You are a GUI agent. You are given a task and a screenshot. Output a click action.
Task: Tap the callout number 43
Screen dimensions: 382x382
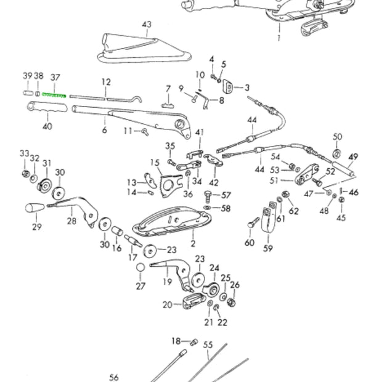click(146, 25)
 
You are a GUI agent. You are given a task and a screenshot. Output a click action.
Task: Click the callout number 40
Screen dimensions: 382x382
click(47, 126)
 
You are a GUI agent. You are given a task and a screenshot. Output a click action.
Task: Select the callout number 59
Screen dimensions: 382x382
click(268, 249)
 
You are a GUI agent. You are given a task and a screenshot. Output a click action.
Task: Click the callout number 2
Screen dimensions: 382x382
click(192, 235)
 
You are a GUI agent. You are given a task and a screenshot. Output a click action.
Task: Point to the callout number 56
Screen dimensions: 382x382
click(113, 377)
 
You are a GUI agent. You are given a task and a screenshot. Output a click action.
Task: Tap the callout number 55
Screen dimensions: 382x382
click(208, 346)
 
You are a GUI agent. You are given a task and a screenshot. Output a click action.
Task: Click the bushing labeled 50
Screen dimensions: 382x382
click(337, 152)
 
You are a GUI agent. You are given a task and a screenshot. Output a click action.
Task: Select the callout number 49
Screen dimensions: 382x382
click(353, 156)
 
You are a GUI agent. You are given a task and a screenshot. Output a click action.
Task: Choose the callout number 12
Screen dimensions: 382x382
click(106, 82)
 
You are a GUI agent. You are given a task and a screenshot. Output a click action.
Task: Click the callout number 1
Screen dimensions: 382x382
click(278, 38)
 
